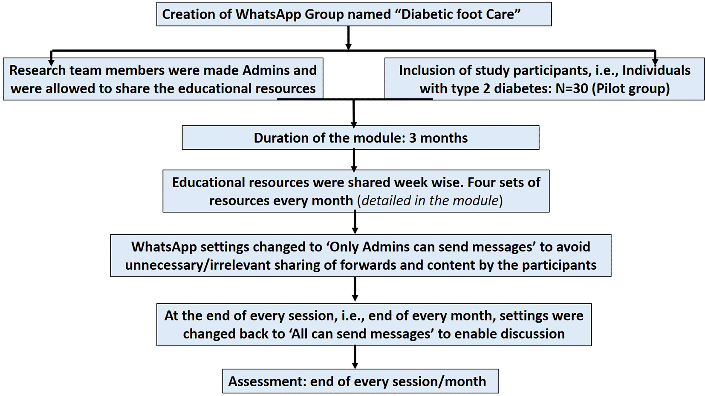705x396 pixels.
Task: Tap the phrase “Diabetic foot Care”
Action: click(x=459, y=14)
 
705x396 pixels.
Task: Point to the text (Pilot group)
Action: click(x=631, y=89)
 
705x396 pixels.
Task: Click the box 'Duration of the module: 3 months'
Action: click(x=360, y=138)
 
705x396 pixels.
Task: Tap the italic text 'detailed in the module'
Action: click(x=430, y=201)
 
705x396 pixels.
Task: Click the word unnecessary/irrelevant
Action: click(x=198, y=265)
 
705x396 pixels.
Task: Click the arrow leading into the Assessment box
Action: click(x=355, y=357)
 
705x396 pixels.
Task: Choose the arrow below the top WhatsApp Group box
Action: click(x=348, y=38)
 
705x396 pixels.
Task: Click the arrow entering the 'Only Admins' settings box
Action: click(x=355, y=223)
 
